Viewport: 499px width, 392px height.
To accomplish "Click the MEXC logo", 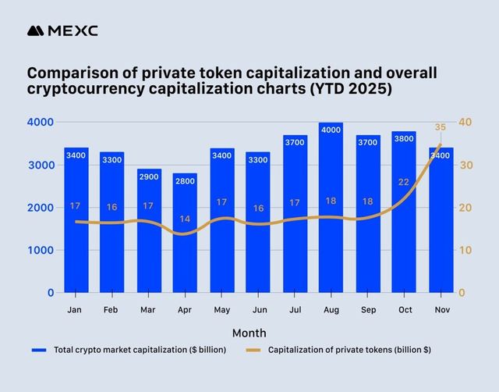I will tap(62, 31).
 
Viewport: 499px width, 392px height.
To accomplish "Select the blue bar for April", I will tap(185, 234).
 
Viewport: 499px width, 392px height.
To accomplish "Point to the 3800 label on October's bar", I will tap(404, 139).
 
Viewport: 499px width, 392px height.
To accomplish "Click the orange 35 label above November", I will tap(440, 127).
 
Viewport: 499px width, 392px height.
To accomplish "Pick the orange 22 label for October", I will tap(403, 182).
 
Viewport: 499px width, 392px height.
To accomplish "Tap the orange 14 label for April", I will tap(185, 219).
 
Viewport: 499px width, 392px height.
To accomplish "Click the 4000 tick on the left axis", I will tap(41, 123).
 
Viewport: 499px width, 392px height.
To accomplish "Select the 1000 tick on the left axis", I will tap(41, 251).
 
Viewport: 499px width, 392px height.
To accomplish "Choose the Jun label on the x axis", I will tap(257, 309).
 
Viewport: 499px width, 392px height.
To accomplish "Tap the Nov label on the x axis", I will tap(440, 309).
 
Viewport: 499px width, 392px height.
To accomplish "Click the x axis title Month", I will tap(249, 333).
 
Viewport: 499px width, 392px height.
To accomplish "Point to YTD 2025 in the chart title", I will tap(355, 90).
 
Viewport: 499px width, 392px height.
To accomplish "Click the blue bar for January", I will tap(76, 226).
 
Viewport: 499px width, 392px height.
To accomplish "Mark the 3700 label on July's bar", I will tap(295, 142).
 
